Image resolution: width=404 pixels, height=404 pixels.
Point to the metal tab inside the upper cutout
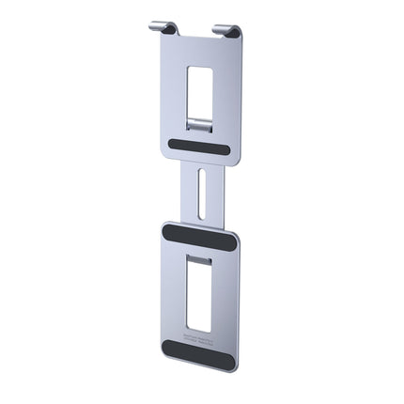(x=199, y=122)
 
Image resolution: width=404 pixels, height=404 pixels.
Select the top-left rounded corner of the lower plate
(x=165, y=225)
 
